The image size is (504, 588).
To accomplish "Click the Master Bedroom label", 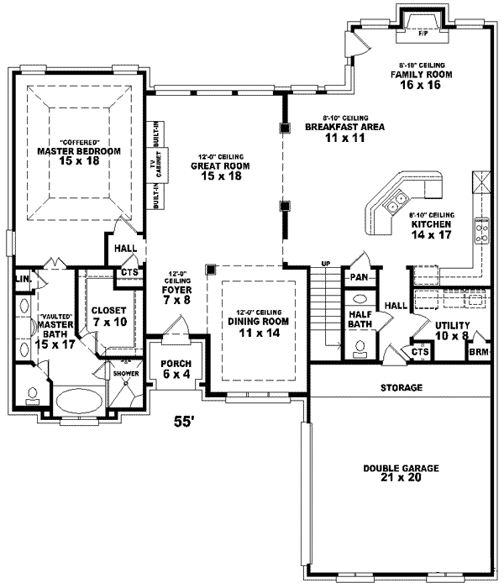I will [x=79, y=155].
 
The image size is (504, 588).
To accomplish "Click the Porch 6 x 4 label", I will [x=173, y=369].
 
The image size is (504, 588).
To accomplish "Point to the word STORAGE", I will [x=401, y=387].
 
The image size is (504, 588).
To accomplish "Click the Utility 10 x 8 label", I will [x=451, y=330].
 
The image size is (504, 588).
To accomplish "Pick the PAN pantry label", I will [x=359, y=276].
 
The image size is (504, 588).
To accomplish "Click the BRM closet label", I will [x=479, y=352].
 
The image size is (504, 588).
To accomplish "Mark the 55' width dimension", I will [x=183, y=423].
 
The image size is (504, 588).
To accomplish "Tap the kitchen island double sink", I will [x=392, y=205].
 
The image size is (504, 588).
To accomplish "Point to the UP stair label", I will [x=324, y=265].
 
